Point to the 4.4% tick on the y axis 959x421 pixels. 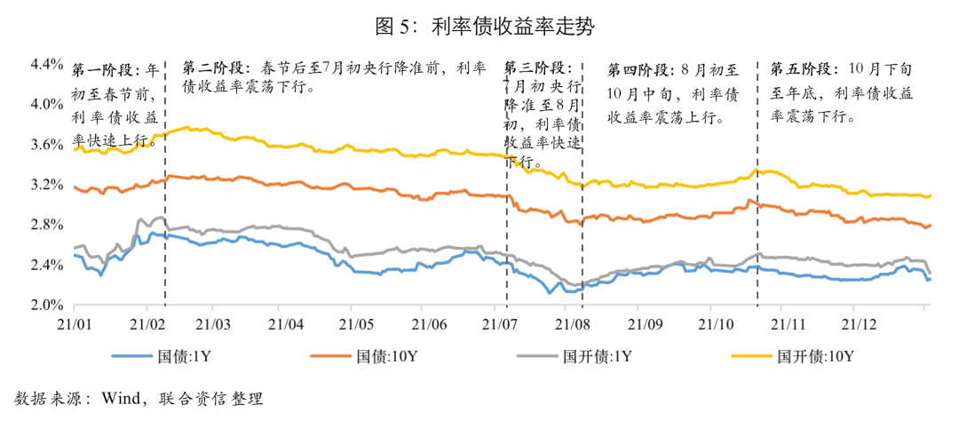46,64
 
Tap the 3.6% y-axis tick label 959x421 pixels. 46,144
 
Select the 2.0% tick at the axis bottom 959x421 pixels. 46,306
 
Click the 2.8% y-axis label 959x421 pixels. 46,225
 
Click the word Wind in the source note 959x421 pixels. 119,398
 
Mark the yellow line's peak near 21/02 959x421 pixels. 186,128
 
